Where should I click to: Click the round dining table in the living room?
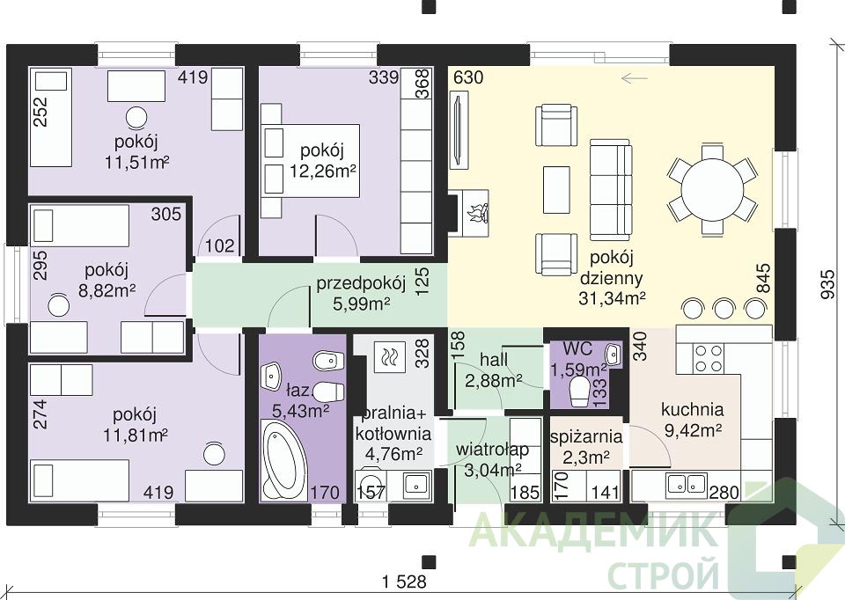pos(711,189)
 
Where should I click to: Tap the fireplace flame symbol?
pos(478,213)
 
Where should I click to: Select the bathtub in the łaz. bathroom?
pos(284,459)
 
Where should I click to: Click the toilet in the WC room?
pos(580,391)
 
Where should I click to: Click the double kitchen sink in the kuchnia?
pos(687,484)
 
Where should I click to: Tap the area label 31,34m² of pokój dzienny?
pos(613,298)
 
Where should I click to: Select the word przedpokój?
pos(361,284)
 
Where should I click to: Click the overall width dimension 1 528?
pos(404,582)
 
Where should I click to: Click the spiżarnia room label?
pos(586,436)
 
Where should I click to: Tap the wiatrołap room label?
pos(492,450)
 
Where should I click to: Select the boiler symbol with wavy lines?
pos(388,356)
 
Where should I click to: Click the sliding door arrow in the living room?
pos(634,78)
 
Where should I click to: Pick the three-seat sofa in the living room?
pos(610,189)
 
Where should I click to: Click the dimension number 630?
pos(468,78)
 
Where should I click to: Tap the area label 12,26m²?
pos(322,172)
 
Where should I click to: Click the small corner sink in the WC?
pos(613,355)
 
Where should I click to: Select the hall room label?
pos(494,359)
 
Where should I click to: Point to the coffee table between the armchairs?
pos(556,189)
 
